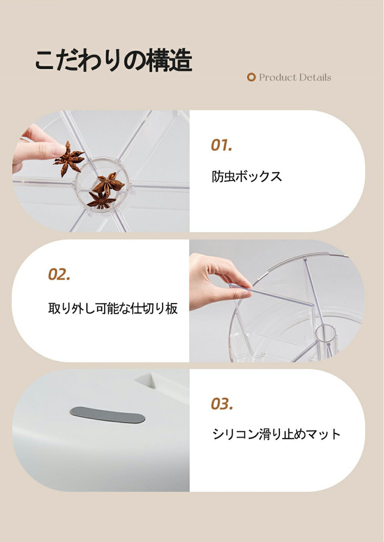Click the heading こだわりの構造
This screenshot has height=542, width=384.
[114, 60]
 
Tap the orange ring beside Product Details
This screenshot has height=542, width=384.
[251, 77]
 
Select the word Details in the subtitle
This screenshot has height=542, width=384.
[315, 77]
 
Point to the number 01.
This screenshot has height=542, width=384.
[221, 145]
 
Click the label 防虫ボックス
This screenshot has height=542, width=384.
[247, 176]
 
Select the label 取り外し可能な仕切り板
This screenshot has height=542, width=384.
[113, 308]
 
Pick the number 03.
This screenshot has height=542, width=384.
[222, 404]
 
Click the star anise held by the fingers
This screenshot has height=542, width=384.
[69, 158]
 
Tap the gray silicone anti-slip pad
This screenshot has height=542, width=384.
[107, 415]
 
